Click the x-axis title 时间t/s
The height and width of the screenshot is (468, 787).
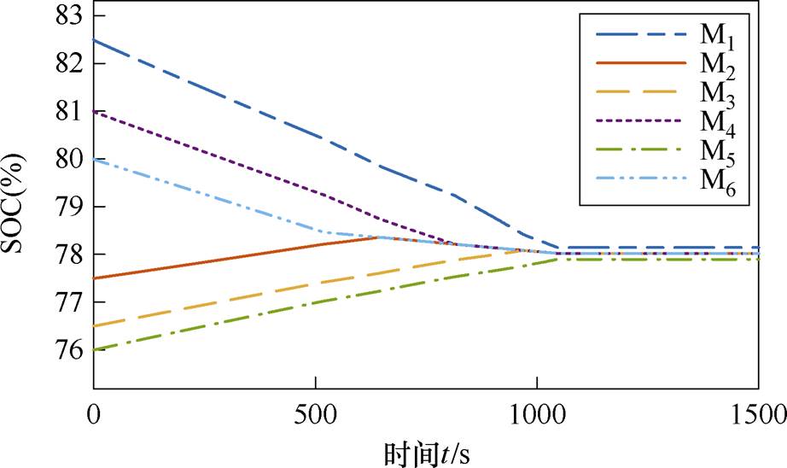[423, 450]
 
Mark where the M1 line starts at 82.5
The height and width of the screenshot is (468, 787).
[93, 40]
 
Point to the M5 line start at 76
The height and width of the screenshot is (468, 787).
[93, 349]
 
